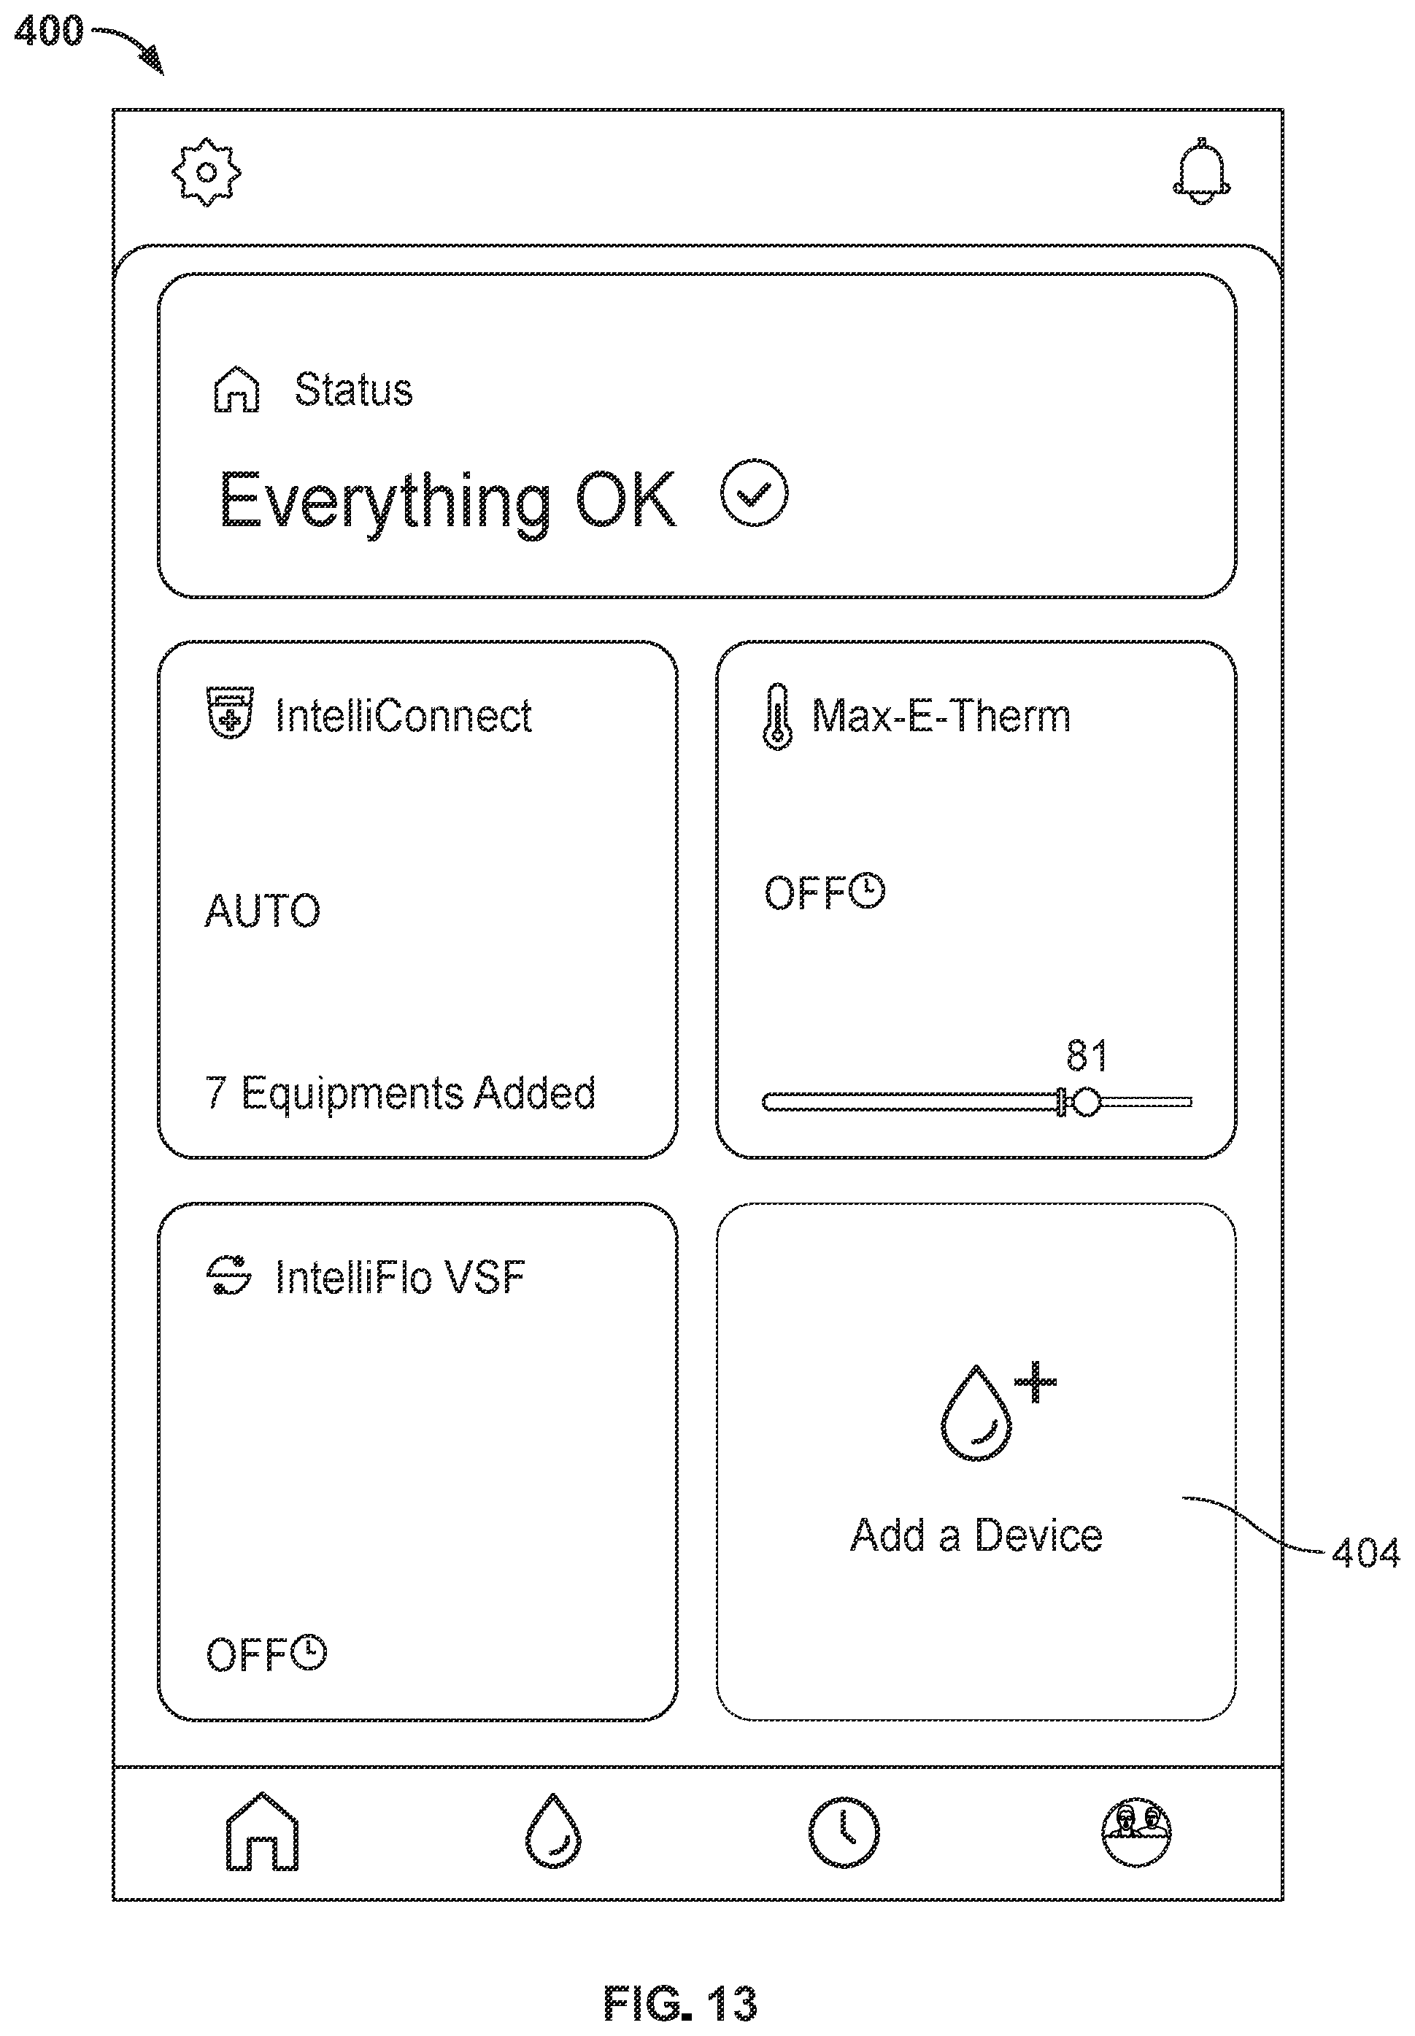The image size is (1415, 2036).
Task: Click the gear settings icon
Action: coord(207,172)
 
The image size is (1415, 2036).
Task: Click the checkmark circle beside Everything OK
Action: coord(754,494)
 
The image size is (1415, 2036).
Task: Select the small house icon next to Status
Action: coord(236,390)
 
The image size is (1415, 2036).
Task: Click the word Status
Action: coord(354,390)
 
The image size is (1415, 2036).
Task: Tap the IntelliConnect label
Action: coord(404,715)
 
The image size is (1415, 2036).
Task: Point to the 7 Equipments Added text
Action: coord(401,1093)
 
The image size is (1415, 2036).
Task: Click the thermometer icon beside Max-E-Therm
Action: coord(777,717)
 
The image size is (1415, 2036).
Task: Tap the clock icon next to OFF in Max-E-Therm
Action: coord(868,891)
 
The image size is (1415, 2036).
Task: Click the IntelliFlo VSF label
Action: coord(400,1277)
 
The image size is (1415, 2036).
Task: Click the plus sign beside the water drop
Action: coord(1036,1382)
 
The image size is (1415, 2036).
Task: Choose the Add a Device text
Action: coord(976,1535)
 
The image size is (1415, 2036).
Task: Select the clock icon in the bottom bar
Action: coord(844,1832)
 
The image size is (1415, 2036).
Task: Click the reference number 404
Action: coord(1365,1553)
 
